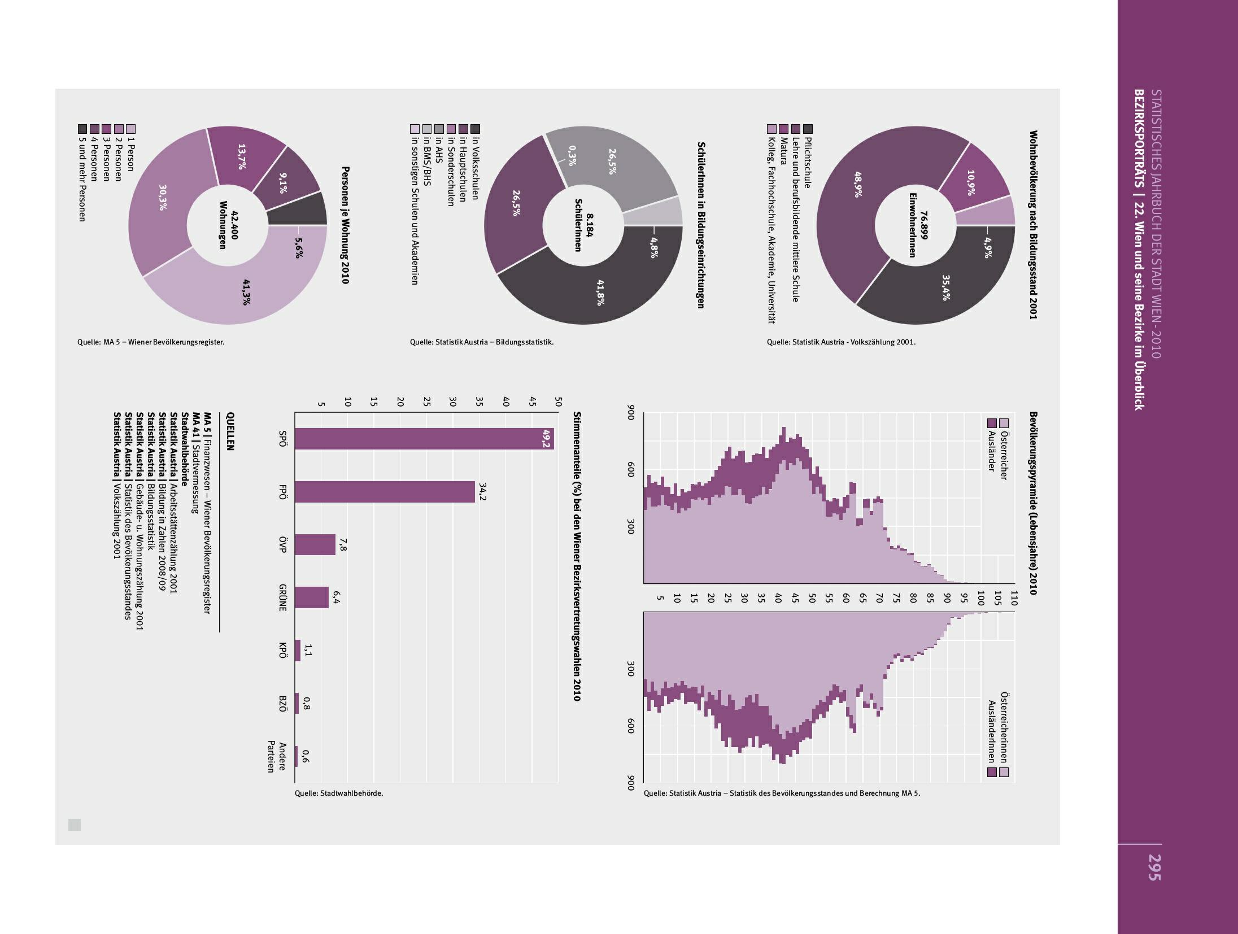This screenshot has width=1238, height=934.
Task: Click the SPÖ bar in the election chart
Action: pyautogui.click(x=424, y=439)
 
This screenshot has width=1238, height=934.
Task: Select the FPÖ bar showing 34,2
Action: pyautogui.click(x=384, y=491)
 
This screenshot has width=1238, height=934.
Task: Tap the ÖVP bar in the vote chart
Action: pyautogui.click(x=315, y=544)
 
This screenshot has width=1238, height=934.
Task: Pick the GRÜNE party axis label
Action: pyautogui.click(x=283, y=597)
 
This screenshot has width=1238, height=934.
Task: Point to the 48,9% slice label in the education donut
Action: pyautogui.click(x=858, y=184)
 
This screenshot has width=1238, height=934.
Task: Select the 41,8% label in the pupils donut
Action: pyautogui.click(x=601, y=292)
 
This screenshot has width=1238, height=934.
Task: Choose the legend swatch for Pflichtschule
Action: pyautogui.click(x=808, y=129)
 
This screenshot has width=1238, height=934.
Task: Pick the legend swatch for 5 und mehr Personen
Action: pyautogui.click(x=82, y=129)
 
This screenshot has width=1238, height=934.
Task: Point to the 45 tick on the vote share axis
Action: pyautogui.click(x=532, y=402)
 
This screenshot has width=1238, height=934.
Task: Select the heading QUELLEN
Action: pyautogui.click(x=230, y=431)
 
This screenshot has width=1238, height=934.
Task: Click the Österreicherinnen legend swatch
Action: pyautogui.click(x=1004, y=771)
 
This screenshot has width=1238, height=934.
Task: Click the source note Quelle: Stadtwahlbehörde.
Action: pyautogui.click(x=339, y=793)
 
